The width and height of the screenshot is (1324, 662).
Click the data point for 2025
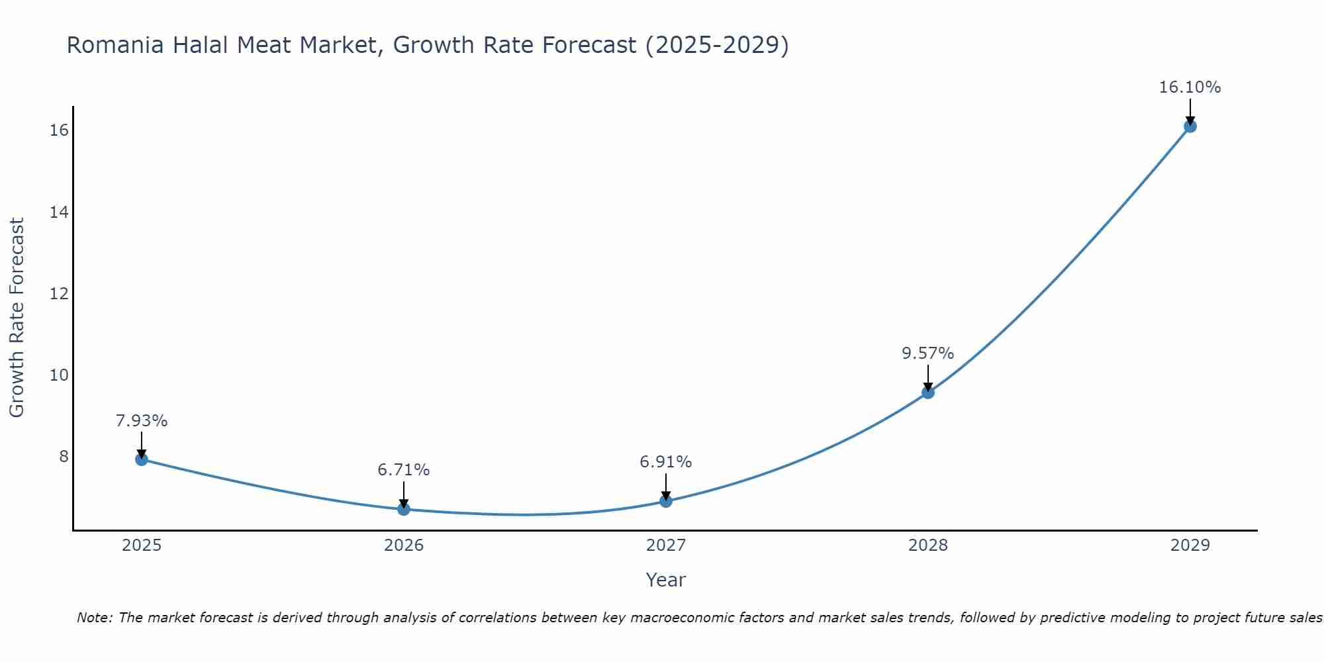tap(142, 459)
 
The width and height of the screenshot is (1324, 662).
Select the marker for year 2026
tap(404, 508)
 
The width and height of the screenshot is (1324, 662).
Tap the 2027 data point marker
tap(666, 500)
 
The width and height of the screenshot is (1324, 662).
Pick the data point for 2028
tap(928, 392)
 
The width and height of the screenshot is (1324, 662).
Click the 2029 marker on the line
tap(1190, 126)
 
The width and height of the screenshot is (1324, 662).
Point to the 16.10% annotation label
tap(1190, 87)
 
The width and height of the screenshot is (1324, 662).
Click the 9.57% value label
tap(927, 354)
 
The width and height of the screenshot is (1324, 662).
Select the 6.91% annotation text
tap(665, 462)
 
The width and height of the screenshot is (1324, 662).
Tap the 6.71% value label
tap(403, 470)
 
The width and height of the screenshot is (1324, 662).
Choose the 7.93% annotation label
tap(142, 421)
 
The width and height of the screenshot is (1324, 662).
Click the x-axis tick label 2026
tap(404, 545)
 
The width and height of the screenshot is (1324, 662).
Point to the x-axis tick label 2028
tap(928, 545)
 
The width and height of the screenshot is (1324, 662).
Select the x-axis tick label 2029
tap(1190, 545)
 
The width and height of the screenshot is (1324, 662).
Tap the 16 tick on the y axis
tap(59, 130)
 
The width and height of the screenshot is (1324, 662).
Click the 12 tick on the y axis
tap(59, 293)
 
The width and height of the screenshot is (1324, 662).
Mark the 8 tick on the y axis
tap(64, 457)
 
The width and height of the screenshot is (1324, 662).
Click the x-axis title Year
tap(665, 580)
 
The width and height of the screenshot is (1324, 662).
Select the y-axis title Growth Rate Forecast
tap(17, 318)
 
